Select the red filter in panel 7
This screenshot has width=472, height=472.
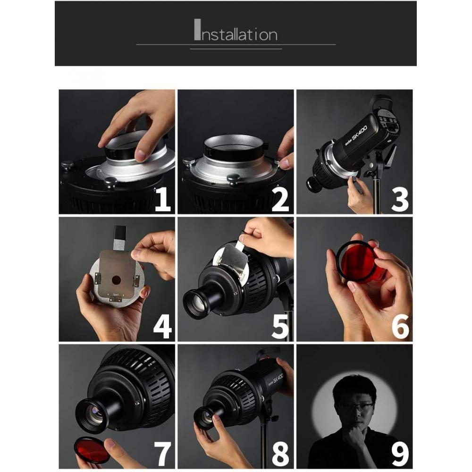coord(92,449)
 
